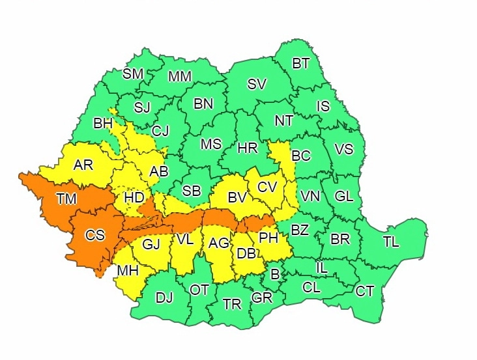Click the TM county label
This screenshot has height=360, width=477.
click(66, 199)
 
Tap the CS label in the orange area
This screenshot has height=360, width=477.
click(95, 236)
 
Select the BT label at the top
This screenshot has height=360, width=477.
click(301, 64)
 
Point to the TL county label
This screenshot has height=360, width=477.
click(391, 242)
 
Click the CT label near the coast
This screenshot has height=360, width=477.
click(365, 291)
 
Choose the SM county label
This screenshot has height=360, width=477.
click(133, 74)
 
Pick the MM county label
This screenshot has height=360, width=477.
click(180, 77)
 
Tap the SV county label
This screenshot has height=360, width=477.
click(257, 84)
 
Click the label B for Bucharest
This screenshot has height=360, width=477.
click(275, 275)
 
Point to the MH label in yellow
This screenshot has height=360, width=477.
click(127, 270)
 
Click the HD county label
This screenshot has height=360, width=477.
click(134, 197)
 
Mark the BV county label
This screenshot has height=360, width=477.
click(237, 197)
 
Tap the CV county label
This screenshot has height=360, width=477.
click(267, 187)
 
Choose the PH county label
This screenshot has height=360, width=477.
click(268, 238)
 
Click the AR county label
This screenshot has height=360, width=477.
click(83, 165)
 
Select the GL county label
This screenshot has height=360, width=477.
click(343, 196)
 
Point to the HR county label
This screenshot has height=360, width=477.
click(248, 148)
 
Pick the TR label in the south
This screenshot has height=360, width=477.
click(232, 305)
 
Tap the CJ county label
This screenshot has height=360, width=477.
click(160, 131)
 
